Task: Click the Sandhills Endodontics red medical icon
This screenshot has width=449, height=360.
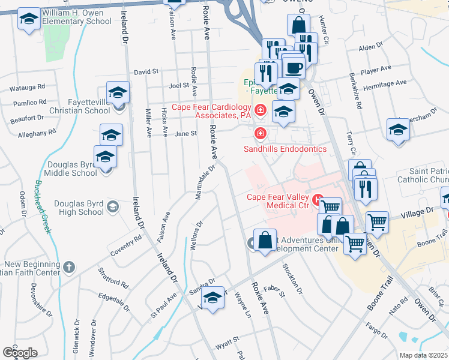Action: click(261, 133)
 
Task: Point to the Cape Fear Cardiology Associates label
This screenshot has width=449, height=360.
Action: click(211, 111)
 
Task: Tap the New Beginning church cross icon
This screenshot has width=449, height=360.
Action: click(69, 267)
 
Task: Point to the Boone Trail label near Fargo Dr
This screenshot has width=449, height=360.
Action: click(378, 299)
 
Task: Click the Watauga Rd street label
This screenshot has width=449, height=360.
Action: click(28, 88)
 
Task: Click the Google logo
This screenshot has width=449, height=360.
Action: click(20, 353)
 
